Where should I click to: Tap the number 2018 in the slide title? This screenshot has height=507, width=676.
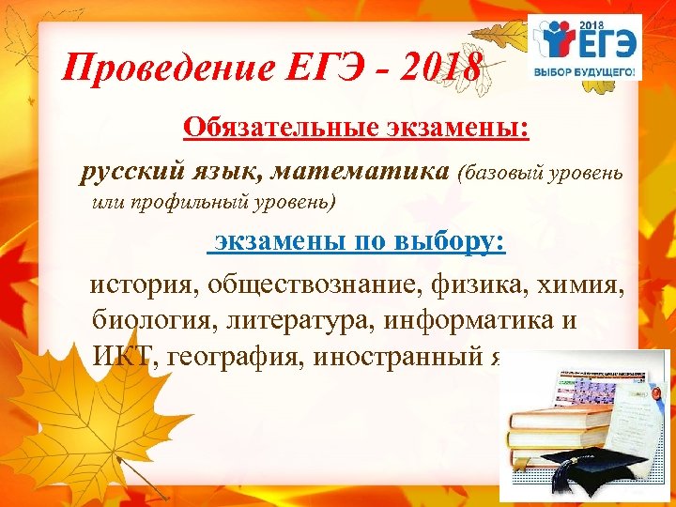441,68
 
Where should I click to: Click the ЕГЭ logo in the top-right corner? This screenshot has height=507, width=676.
585,38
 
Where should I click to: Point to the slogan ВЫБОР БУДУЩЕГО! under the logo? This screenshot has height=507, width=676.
585,71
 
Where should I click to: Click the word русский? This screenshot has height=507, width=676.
127,172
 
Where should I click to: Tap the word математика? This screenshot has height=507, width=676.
372,172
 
